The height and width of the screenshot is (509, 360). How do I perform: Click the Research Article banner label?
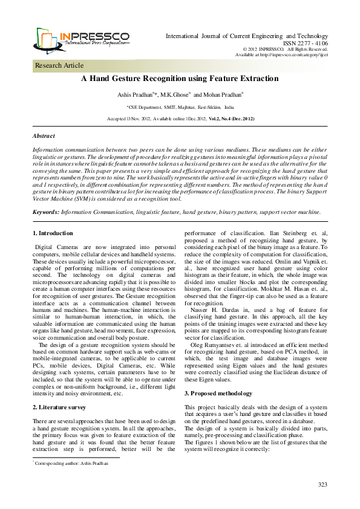59,65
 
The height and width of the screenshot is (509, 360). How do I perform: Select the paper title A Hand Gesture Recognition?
180,79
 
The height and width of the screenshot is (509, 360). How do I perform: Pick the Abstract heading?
44,137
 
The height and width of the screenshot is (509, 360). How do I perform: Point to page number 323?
322,485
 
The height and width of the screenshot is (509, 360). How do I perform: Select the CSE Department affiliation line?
180,106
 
